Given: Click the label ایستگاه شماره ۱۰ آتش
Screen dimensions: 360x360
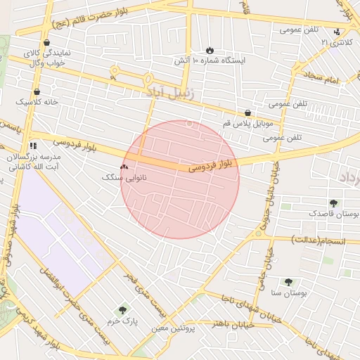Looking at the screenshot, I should [x=210, y=61].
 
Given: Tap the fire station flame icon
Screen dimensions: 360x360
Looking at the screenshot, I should [x=210, y=50].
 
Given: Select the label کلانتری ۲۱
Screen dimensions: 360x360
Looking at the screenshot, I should [x=333, y=43].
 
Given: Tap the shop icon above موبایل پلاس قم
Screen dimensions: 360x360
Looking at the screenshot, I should [x=247, y=112].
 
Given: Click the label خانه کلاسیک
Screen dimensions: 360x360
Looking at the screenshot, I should [x=36, y=103].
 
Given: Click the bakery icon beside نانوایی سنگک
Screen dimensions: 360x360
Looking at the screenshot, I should [x=124, y=167].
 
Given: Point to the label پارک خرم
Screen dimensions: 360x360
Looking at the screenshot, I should [x=123, y=320].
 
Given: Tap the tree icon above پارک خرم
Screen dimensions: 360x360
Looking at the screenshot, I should [x=124, y=309].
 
